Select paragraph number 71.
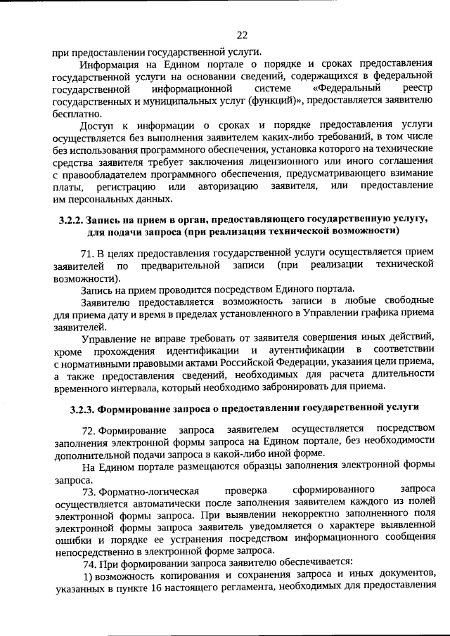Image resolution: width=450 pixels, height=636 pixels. tap(89, 252)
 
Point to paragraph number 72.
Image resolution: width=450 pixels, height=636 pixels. tap(89, 429)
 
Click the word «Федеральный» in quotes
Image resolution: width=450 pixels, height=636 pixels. tap(347, 89)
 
